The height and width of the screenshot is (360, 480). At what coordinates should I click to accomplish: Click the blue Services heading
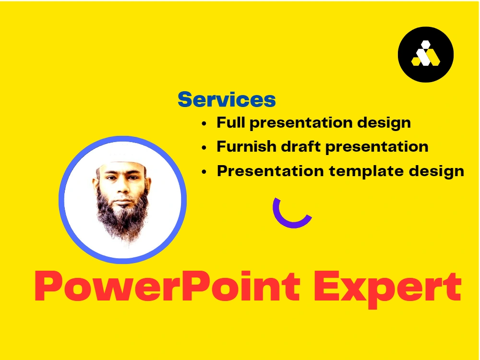(x=227, y=100)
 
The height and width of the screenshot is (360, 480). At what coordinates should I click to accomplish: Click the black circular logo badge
(x=426, y=55)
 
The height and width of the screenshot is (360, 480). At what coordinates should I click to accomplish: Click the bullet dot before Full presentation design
(x=204, y=123)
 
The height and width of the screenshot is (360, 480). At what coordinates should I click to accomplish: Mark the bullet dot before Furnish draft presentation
(x=204, y=147)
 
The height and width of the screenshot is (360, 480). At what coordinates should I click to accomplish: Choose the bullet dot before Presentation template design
(x=204, y=171)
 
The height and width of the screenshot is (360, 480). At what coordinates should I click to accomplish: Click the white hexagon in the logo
(x=426, y=46)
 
